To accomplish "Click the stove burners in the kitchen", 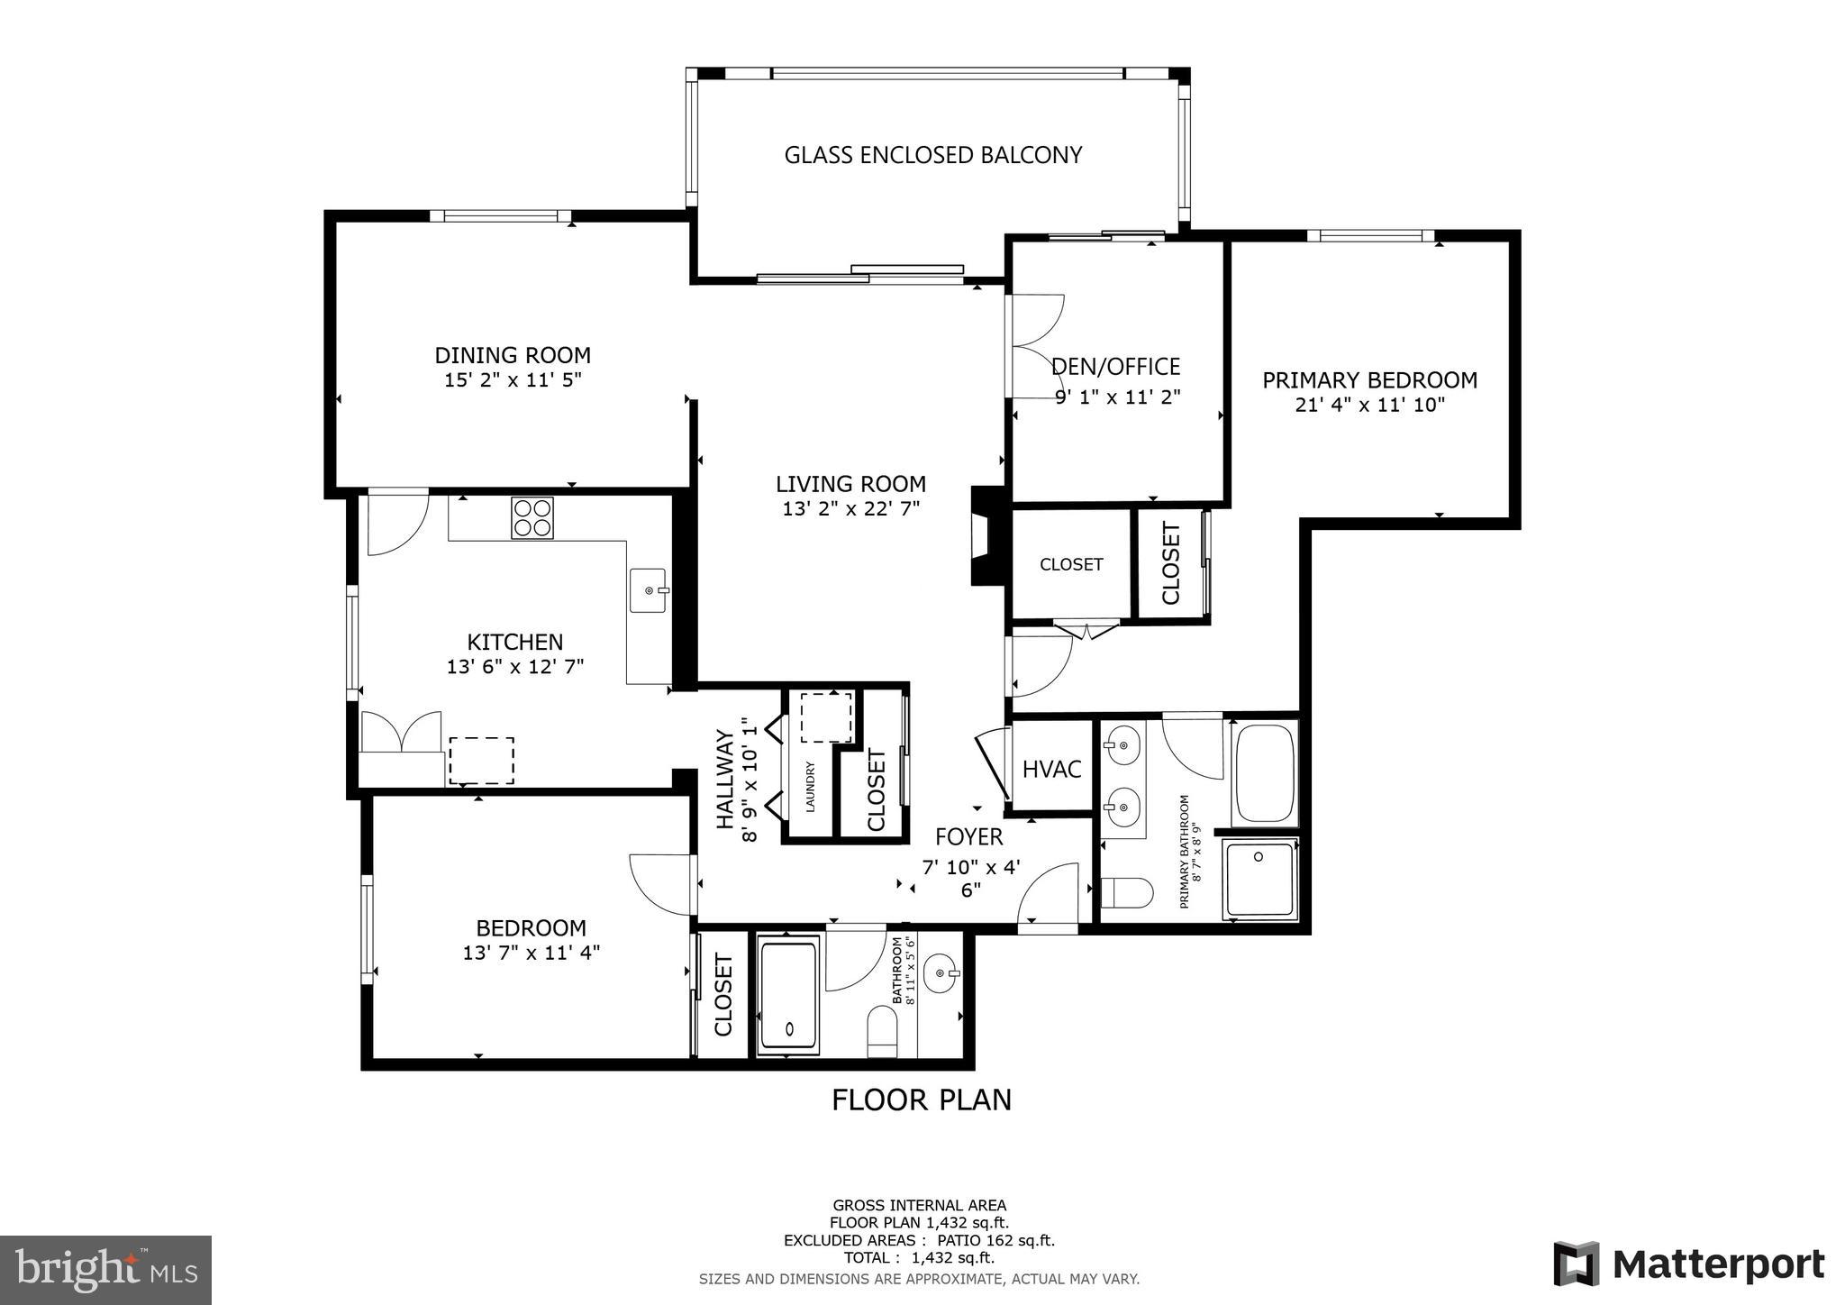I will (532, 518).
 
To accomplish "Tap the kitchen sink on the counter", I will (648, 590).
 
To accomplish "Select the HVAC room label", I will (1051, 769).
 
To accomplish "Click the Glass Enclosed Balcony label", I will (932, 155).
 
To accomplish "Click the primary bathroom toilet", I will (1126, 893).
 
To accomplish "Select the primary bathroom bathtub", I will (1264, 772).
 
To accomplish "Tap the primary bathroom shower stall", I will (1259, 880).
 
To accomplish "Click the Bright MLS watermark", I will (106, 1270).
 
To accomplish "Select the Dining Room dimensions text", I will (513, 380).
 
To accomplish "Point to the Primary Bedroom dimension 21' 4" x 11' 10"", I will (1369, 406).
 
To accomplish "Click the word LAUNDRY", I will (810, 788).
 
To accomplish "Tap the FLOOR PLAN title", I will (921, 1100).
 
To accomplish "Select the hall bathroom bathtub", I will (788, 995).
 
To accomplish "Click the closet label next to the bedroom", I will (723, 995).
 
